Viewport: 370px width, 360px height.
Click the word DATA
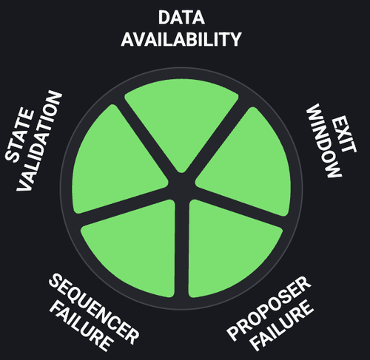(181, 18)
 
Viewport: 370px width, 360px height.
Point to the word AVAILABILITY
(181, 39)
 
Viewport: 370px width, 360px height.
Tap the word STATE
(19, 135)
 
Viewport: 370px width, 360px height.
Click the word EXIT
(344, 135)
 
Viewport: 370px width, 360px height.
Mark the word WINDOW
(323, 140)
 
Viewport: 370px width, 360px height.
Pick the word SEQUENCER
(94, 308)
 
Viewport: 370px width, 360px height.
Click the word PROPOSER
(269, 308)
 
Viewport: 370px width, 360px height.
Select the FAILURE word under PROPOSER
(283, 326)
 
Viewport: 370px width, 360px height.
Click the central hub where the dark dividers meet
(182, 186)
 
